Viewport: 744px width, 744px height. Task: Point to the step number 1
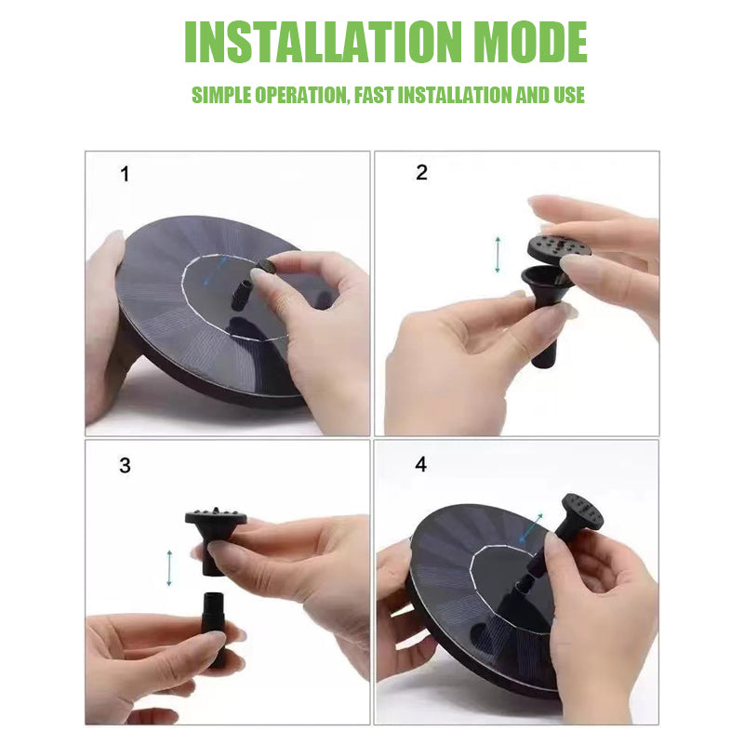[125, 174]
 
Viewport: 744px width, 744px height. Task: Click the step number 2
[421, 172]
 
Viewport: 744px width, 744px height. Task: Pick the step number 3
[125, 466]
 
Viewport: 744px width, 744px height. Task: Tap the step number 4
[421, 464]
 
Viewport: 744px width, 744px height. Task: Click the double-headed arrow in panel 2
[498, 254]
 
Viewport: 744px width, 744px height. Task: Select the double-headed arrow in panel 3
[169, 567]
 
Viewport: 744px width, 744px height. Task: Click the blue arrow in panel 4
[531, 528]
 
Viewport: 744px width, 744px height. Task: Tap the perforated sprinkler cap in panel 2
[559, 247]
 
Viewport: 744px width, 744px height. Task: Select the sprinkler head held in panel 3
[214, 530]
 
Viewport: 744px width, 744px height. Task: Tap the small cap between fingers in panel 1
[265, 269]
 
